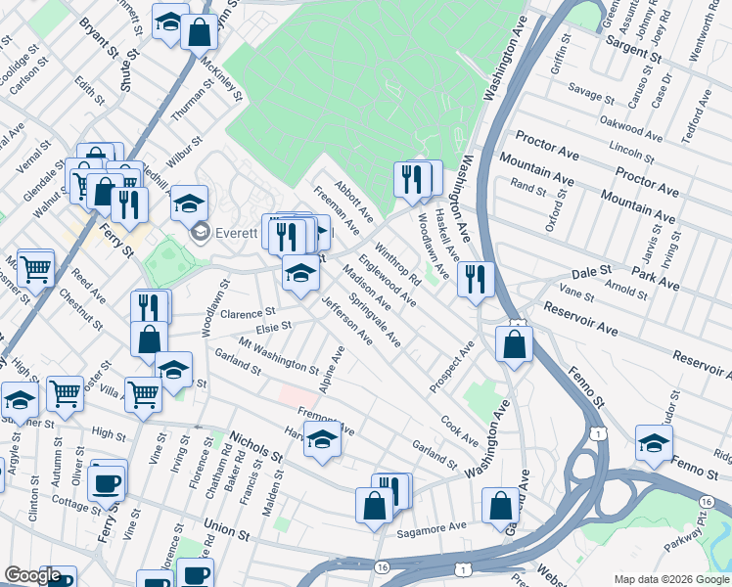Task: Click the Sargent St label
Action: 634,42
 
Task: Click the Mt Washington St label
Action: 279,359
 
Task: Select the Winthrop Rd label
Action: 397,265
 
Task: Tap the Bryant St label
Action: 98,38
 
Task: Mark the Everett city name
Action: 237,234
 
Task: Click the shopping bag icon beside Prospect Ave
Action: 514,343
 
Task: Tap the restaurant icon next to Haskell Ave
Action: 474,278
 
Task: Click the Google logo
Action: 32,575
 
